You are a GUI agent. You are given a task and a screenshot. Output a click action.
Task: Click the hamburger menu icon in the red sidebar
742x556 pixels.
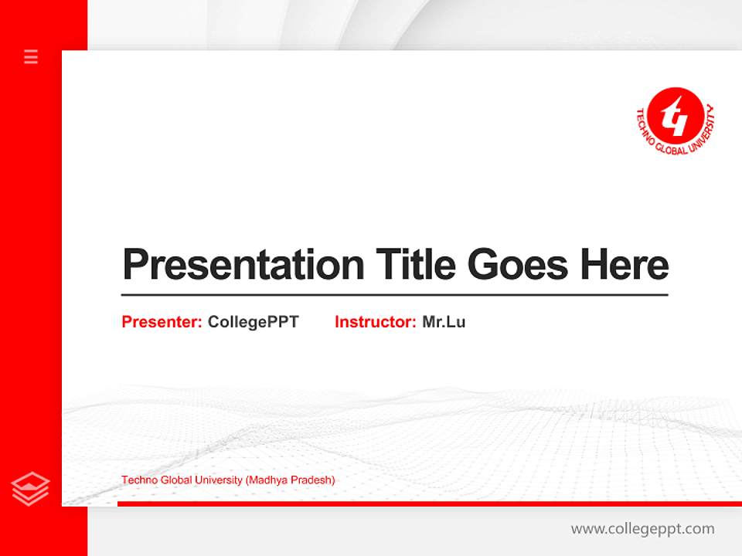point(31,56)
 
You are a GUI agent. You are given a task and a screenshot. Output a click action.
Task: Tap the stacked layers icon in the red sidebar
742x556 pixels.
point(31,489)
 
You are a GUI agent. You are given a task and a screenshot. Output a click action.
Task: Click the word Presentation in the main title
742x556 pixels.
point(243,265)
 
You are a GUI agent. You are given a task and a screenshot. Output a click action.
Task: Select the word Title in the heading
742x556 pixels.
point(415,265)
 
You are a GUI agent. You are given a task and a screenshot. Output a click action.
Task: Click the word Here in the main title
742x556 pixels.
point(625,265)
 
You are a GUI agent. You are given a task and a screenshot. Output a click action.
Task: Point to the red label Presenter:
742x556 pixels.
point(162,322)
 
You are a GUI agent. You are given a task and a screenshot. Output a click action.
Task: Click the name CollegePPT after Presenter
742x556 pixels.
point(253,322)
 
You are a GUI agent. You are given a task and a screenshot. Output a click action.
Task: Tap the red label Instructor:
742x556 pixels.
point(376,322)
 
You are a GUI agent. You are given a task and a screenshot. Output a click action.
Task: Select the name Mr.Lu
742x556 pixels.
point(444,322)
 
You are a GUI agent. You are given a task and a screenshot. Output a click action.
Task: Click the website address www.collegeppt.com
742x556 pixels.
point(642,529)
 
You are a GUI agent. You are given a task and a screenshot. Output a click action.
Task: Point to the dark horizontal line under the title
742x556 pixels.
point(394,295)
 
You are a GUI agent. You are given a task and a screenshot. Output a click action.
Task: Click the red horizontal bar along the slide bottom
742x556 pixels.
point(429,503)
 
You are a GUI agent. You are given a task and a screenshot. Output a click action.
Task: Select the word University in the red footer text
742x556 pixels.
point(219,480)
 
